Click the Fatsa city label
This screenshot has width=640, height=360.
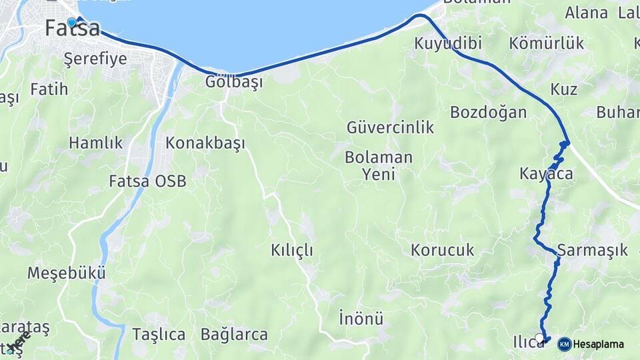(73, 29)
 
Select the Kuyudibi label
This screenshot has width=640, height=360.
(448, 44)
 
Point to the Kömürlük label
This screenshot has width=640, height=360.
(546, 44)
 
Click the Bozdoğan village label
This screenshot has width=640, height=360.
(488, 112)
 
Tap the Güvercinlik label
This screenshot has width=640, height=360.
(390, 127)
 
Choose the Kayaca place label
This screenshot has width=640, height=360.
(546, 174)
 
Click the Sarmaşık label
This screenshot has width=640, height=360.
(593, 251)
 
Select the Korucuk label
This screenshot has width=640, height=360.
(443, 251)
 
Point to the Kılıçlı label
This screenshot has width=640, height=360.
(292, 251)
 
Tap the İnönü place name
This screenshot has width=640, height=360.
(360, 316)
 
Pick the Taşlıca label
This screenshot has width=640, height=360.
(159, 335)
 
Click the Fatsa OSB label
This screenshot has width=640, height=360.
(148, 181)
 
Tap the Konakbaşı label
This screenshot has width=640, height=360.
(205, 143)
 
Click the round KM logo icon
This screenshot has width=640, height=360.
(564, 344)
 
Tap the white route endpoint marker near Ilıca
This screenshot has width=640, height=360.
(539, 339)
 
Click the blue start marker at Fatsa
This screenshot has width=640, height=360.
(71, 22)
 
